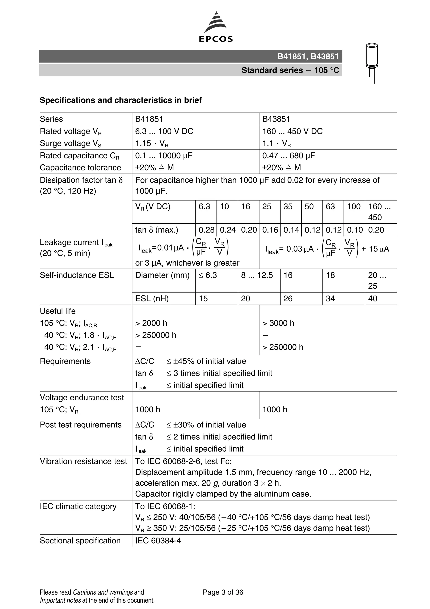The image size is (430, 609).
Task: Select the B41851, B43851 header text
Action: (x=308, y=56)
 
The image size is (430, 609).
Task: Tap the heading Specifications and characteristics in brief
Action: (x=121, y=100)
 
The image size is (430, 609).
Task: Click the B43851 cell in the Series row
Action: (x=276, y=119)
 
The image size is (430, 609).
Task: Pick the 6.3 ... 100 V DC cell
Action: (x=164, y=131)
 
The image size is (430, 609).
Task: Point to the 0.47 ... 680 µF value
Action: (x=288, y=156)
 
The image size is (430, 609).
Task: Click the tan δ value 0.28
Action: (x=206, y=230)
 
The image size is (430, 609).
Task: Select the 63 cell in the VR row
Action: (x=330, y=207)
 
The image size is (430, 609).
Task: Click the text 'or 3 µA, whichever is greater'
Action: (x=187, y=263)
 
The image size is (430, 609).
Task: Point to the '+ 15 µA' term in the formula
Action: (x=375, y=249)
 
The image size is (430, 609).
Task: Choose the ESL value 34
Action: (x=330, y=299)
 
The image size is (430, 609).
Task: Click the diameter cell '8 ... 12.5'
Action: (x=257, y=275)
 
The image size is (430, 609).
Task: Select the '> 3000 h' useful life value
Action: (x=278, y=323)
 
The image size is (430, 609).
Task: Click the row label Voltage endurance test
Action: (x=82, y=398)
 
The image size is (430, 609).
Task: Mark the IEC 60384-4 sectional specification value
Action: (x=158, y=541)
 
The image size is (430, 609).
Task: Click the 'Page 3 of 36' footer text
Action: (x=223, y=592)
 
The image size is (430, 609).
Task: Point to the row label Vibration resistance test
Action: (x=83, y=461)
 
